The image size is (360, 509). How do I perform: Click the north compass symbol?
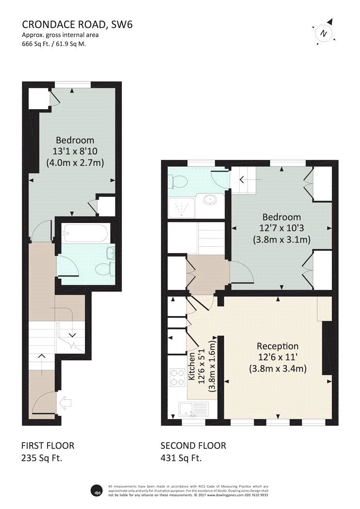(323, 32)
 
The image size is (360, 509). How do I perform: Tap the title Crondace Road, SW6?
(77, 25)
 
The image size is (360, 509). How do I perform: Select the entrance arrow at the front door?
(65, 403)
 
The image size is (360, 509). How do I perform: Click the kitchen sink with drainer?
(194, 409)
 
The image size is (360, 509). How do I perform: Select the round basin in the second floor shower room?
(211, 200)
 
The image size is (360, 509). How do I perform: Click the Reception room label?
(278, 346)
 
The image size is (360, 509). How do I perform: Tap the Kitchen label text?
(192, 366)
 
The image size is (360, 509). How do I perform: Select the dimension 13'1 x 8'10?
(75, 151)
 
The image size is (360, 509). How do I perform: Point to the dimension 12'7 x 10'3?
(281, 228)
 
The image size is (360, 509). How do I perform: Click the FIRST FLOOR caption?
(48, 445)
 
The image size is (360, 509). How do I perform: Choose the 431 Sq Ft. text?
(181, 458)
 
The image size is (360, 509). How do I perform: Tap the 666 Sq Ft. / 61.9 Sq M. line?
(54, 44)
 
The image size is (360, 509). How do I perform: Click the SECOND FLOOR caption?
(193, 445)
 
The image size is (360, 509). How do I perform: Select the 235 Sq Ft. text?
(42, 458)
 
